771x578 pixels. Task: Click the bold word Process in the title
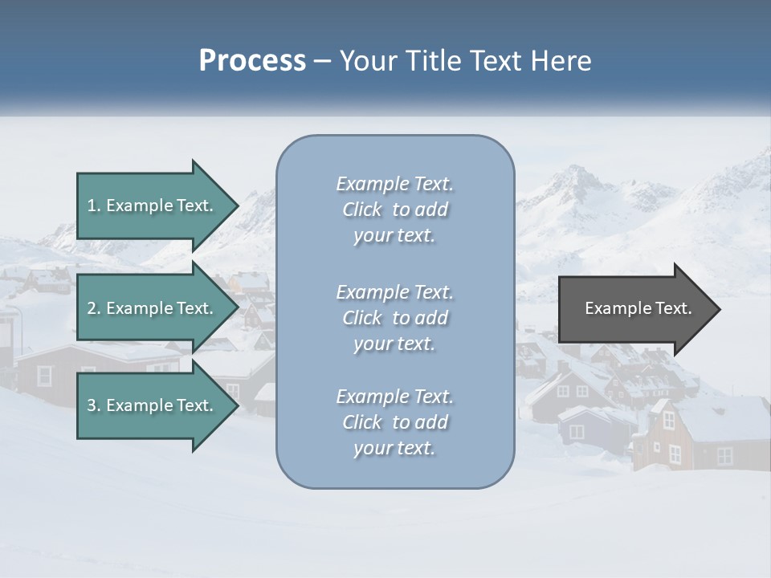point(252,61)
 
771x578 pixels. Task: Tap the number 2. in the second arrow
point(94,308)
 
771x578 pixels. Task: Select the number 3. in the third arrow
point(94,405)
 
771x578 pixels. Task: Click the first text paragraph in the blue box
point(394,210)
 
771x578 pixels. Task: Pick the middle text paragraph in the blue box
point(394,318)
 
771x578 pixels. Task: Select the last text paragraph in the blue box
point(394,422)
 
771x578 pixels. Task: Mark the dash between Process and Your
point(322,62)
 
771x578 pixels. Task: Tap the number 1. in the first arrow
point(94,206)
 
